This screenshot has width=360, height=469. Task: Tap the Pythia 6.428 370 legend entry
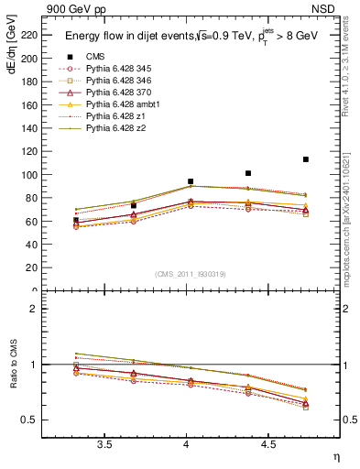pyautogui.click(x=115, y=93)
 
